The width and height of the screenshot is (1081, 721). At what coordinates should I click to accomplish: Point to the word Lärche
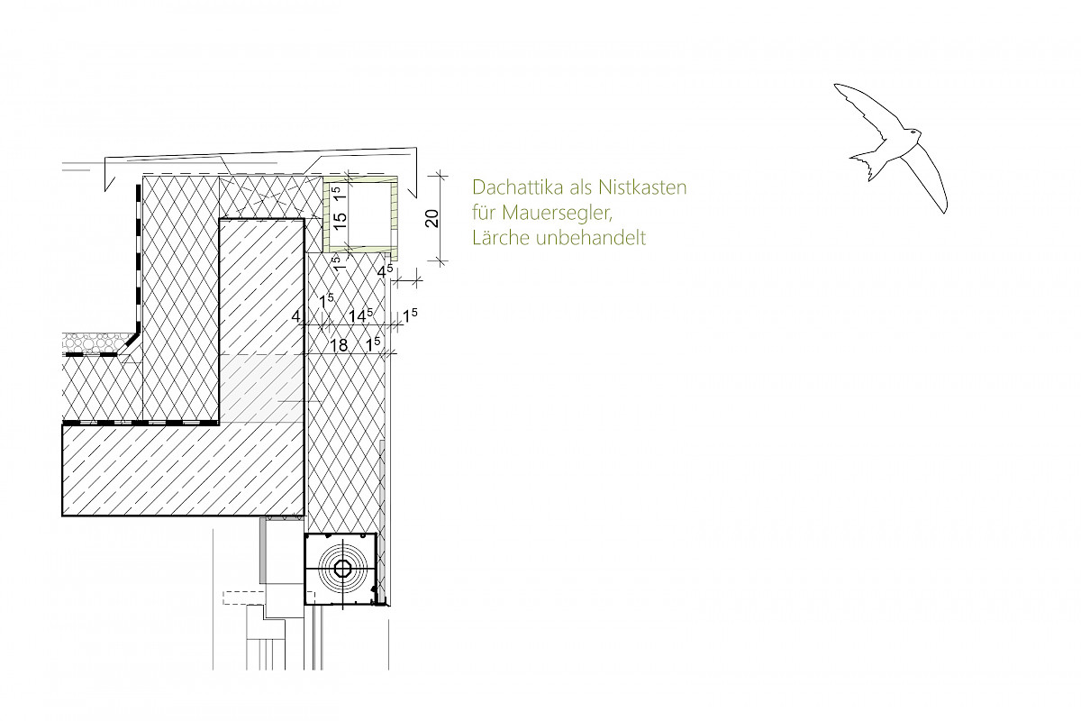pos(500,237)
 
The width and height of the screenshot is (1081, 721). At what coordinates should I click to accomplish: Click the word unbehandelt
pos(591,238)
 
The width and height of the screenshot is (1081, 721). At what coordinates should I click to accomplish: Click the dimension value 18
pos(339,345)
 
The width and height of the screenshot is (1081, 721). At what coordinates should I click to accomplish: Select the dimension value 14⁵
pos(360,315)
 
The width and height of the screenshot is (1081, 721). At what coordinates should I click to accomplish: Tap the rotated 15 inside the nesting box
pos(340,217)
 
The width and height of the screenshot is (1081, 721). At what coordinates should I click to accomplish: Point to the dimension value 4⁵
pos(385,271)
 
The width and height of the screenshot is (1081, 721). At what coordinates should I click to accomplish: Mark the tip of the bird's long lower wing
pos(945,211)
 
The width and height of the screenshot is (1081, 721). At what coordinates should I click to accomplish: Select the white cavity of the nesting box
pos(369,214)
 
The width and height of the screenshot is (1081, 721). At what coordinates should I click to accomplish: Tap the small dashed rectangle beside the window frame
pos(244,598)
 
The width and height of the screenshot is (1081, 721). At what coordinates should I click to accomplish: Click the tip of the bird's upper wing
pos(836,86)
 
